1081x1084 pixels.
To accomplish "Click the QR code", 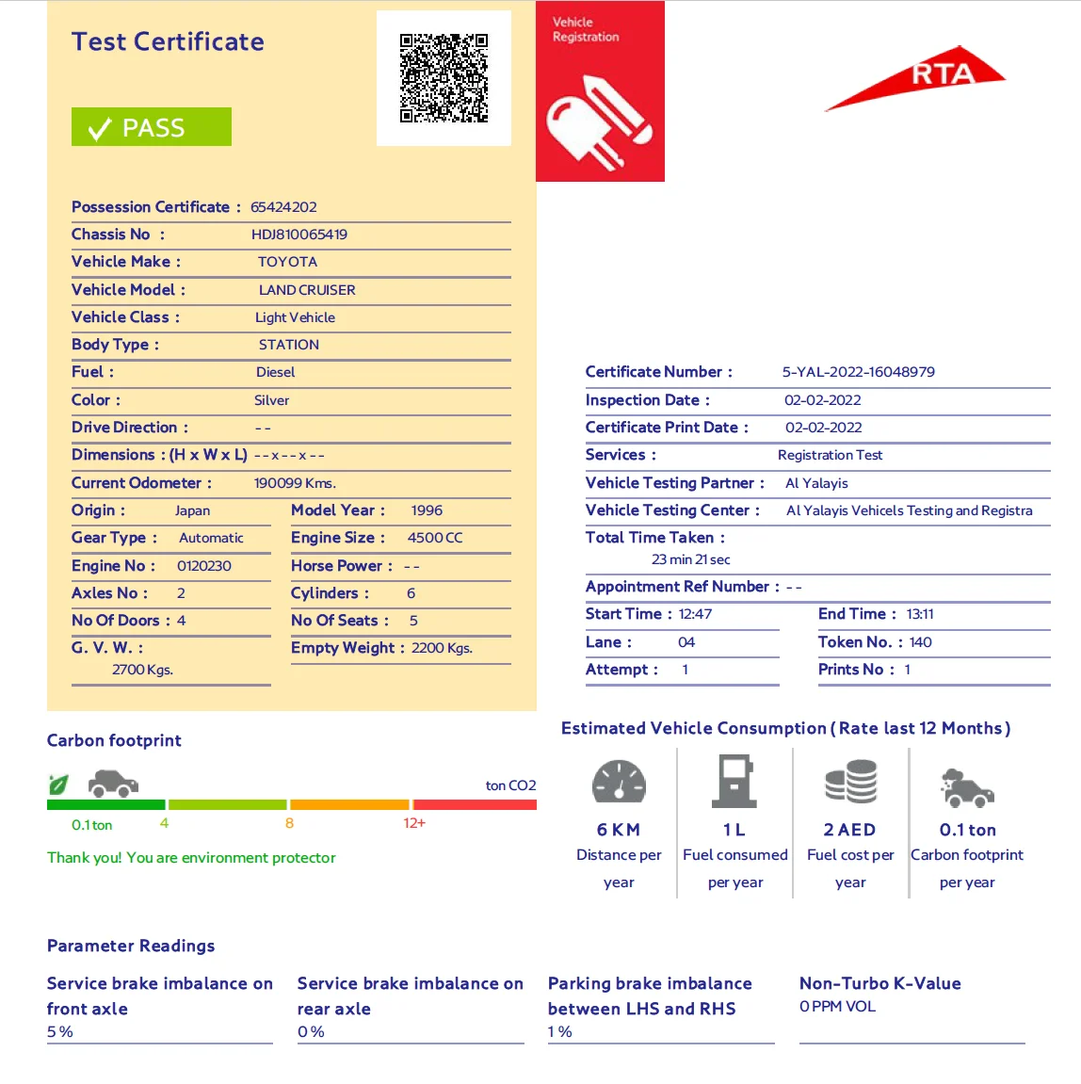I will (x=444, y=78).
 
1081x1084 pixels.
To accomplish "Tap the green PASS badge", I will (x=152, y=127).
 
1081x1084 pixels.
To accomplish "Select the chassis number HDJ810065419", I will (x=298, y=235).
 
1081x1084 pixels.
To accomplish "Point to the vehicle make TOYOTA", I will (x=287, y=262).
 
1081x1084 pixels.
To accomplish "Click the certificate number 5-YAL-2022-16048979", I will (x=858, y=372).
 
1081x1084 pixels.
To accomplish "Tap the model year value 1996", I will (x=427, y=510).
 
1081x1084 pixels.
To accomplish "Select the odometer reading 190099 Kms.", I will (x=295, y=483).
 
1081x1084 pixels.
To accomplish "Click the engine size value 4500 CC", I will (x=435, y=538).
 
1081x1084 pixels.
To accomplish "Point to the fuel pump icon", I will (x=734, y=781).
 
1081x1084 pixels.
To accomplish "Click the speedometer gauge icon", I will (x=619, y=782).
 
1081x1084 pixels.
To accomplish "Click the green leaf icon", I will (x=58, y=784).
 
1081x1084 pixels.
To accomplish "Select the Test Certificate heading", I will (x=168, y=41).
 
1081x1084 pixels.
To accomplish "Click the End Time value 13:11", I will (x=920, y=614).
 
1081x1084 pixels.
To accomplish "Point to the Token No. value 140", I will (x=920, y=642).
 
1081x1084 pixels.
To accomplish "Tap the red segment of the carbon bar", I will (x=475, y=805).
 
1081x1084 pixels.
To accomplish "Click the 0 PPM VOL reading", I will (x=837, y=1007).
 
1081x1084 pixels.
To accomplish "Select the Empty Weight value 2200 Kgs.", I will (x=442, y=648).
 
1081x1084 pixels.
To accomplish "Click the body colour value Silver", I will (x=271, y=400).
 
